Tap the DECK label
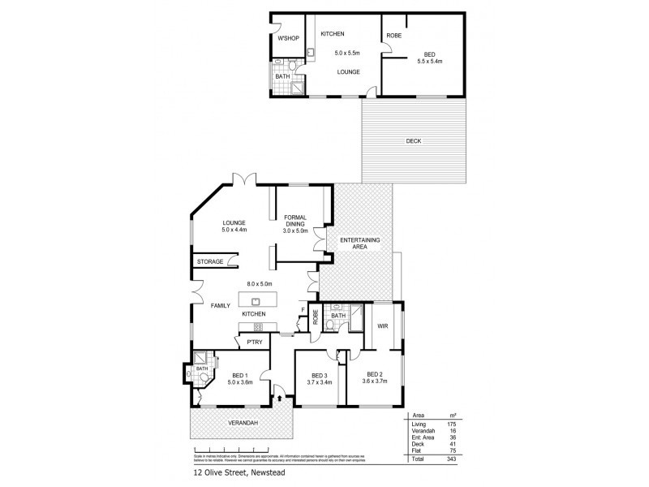point(414,142)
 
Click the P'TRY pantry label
point(254,343)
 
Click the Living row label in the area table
point(419,423)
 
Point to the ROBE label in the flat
point(393,36)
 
